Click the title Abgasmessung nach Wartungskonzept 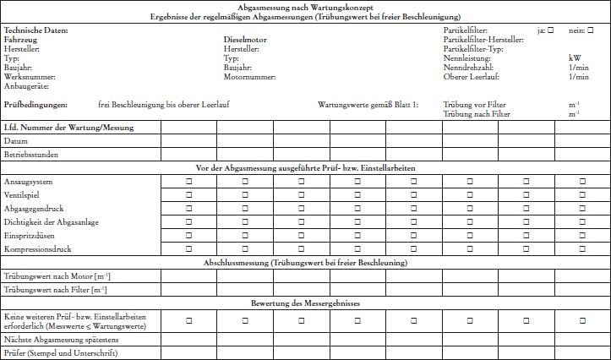click(x=305, y=7)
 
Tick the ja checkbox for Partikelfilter click(x=551, y=30)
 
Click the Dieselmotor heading click(x=246, y=40)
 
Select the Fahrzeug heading click(x=20, y=40)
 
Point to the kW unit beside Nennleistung click(x=575, y=58)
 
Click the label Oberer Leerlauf click(x=472, y=77)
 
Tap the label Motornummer click(x=250, y=77)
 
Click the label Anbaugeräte click(x=26, y=86)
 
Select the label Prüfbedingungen click(x=35, y=105)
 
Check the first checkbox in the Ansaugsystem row click(x=188, y=183)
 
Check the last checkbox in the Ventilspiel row click(x=581, y=195)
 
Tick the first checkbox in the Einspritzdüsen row click(x=188, y=236)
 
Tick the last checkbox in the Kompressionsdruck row click(x=581, y=249)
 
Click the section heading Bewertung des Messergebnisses click(x=305, y=303)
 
